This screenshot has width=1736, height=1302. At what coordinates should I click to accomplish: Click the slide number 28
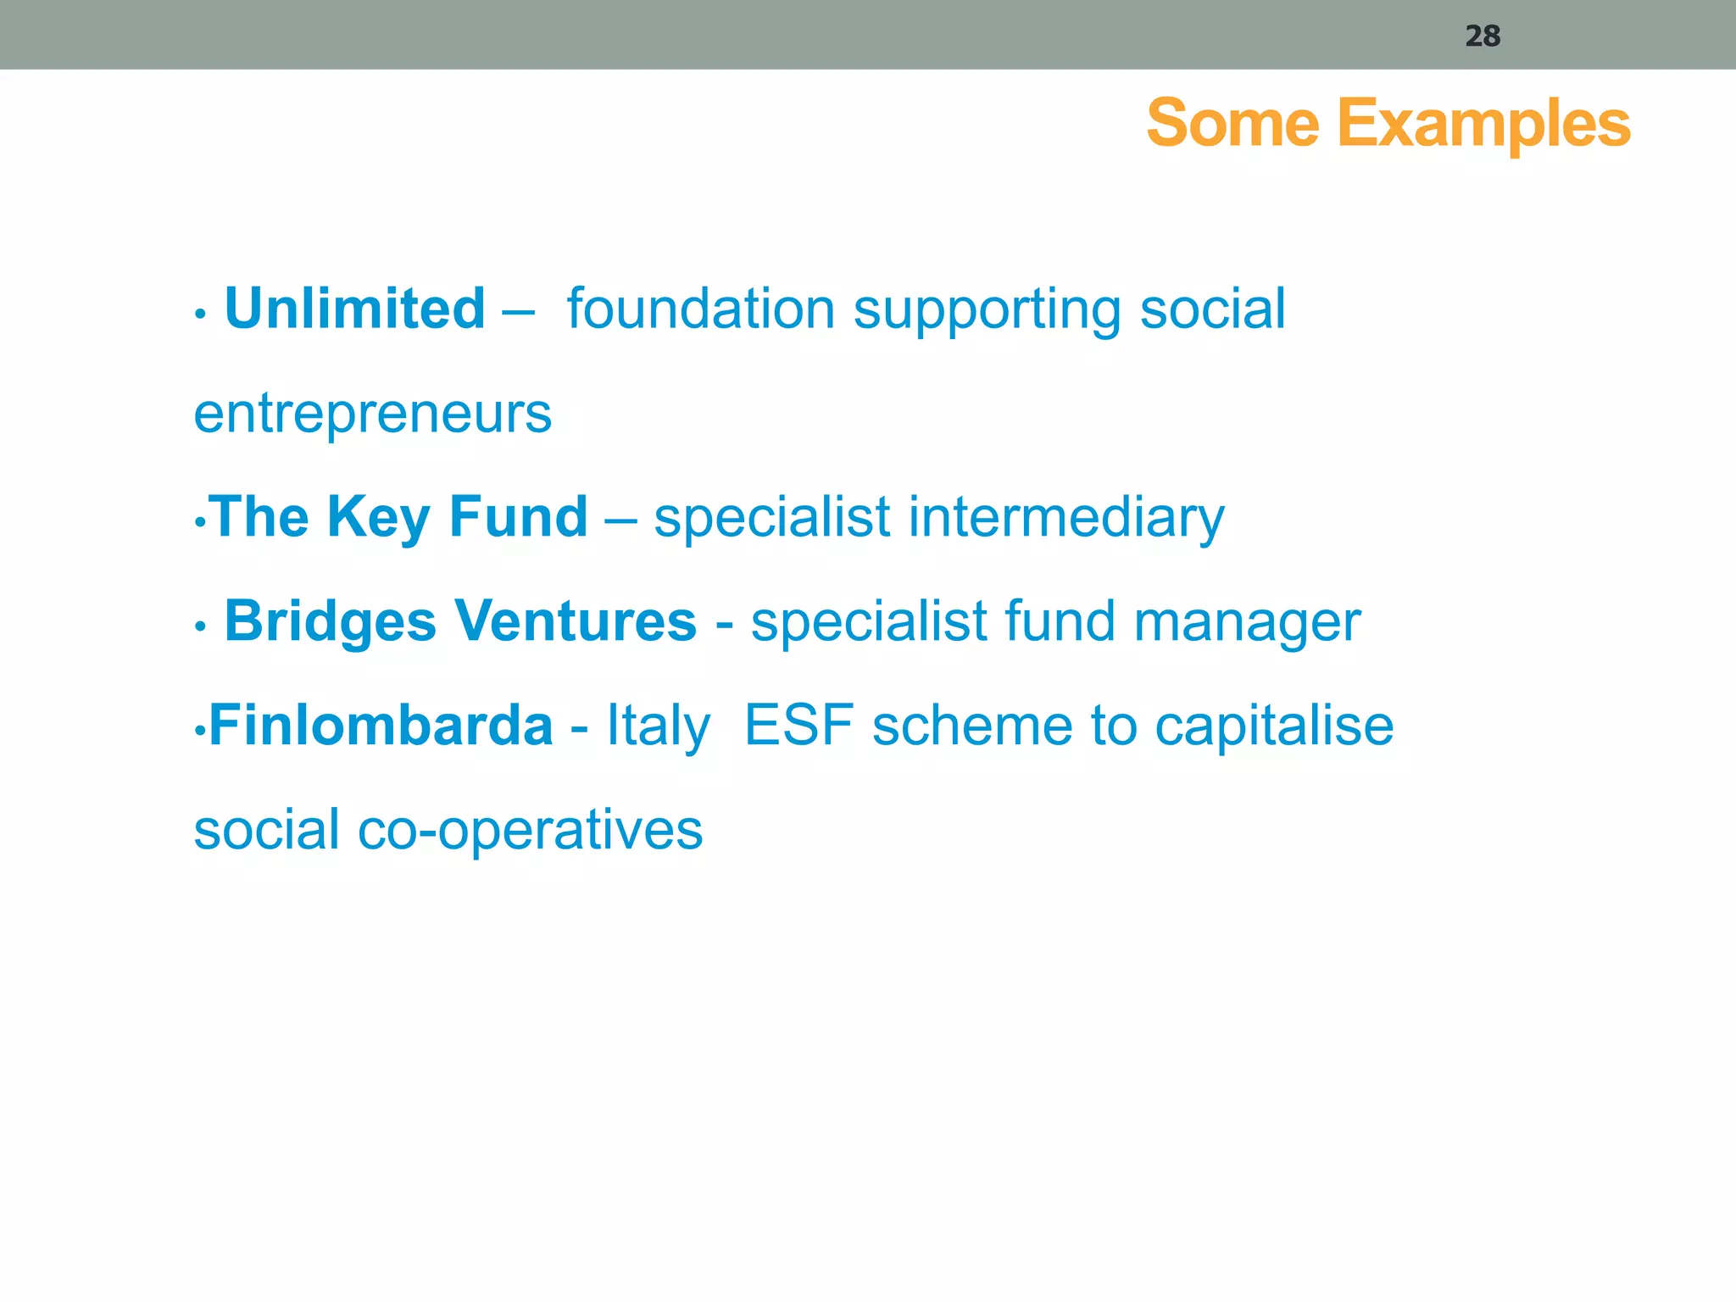[1483, 36]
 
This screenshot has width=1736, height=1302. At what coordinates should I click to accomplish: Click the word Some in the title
[1232, 124]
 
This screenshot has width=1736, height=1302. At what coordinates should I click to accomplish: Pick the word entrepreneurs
[373, 415]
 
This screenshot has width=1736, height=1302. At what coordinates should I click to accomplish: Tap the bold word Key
[378, 518]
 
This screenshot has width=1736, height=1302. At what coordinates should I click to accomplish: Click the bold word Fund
[518, 516]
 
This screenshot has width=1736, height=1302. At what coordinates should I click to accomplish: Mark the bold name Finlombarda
[381, 726]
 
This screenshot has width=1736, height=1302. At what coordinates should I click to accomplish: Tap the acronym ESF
[798, 726]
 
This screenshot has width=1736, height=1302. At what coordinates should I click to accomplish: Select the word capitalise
[1274, 726]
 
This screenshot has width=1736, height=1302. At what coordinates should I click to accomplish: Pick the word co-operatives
[530, 831]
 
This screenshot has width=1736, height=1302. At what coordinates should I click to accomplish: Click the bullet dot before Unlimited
[200, 314]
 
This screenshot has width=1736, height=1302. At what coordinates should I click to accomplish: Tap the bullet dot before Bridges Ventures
[200, 627]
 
